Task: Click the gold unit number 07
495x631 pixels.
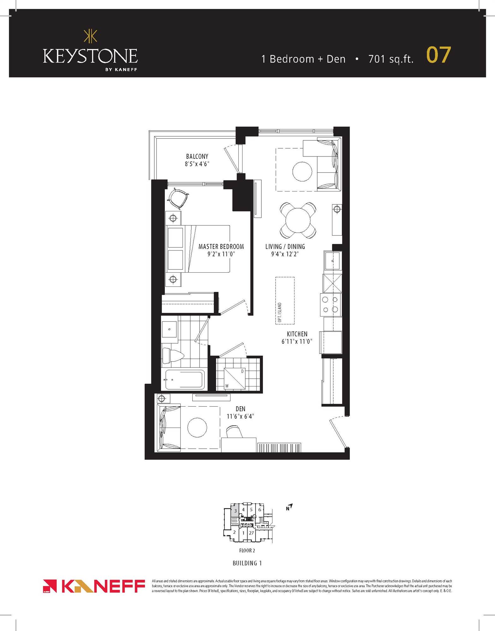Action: (438, 55)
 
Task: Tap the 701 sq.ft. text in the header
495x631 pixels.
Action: (391, 59)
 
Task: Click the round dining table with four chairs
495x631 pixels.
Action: (298, 220)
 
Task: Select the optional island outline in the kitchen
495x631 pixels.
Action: (285, 300)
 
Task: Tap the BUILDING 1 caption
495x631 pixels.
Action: (247, 563)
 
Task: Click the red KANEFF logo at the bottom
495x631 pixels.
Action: (94, 586)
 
